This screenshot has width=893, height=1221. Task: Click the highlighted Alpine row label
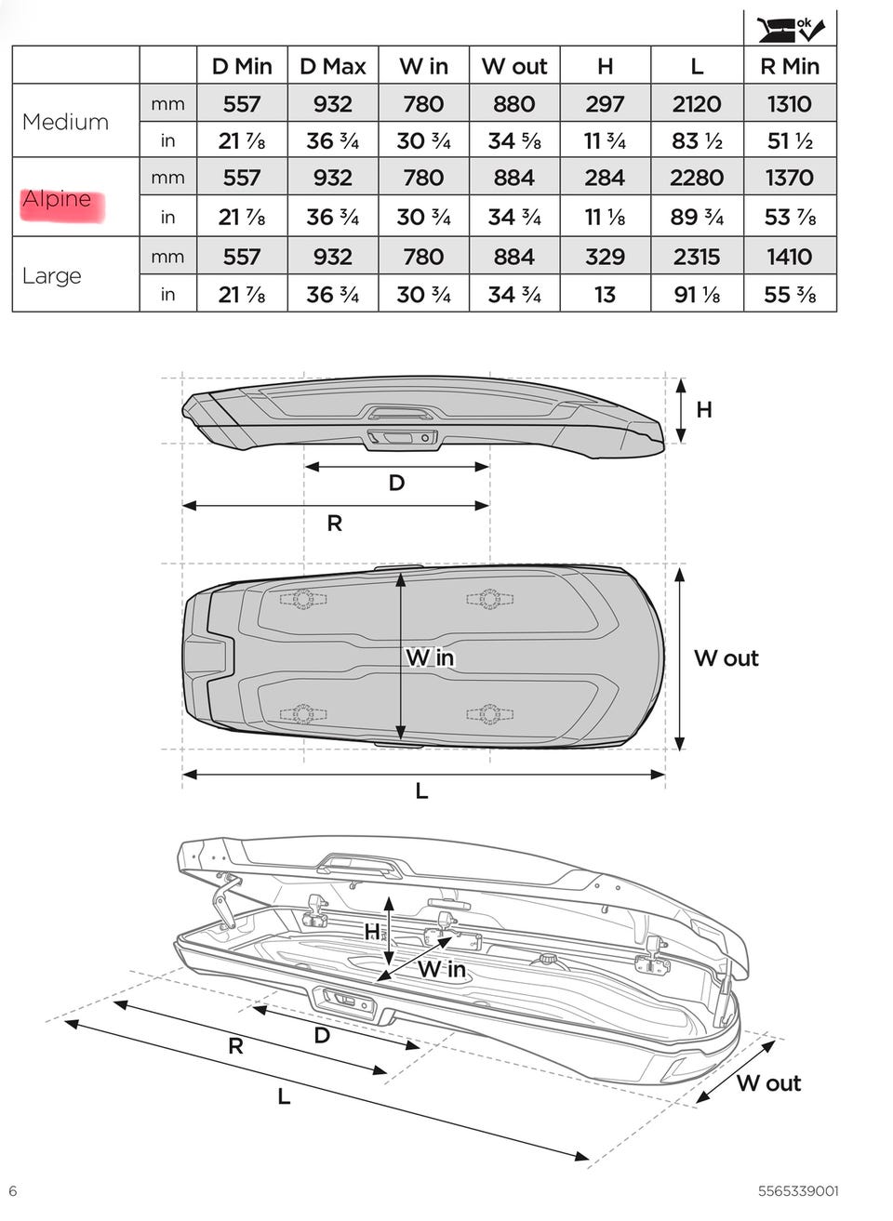point(57,199)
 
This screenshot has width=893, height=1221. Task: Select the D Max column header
point(333,67)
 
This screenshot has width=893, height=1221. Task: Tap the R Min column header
point(790,67)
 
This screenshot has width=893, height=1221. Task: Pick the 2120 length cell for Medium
point(697,103)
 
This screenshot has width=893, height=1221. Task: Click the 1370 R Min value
point(790,178)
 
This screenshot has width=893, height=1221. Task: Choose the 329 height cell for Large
point(606,257)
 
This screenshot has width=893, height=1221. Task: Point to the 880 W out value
point(514,103)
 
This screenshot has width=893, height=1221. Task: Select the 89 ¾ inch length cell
point(697,217)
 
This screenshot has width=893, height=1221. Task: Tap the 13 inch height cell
point(606,295)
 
